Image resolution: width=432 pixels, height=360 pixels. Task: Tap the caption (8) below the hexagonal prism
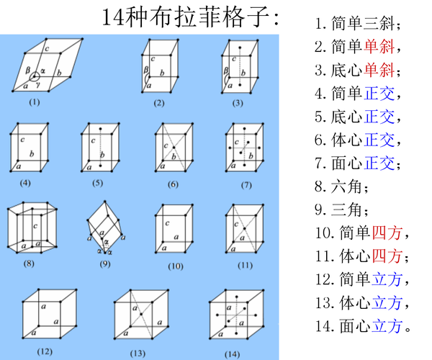29,264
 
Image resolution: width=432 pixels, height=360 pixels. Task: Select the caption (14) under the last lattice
232,353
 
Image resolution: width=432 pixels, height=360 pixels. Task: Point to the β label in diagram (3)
225,71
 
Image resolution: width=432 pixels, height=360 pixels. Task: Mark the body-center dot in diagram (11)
243,228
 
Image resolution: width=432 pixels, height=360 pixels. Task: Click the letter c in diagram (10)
167,223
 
